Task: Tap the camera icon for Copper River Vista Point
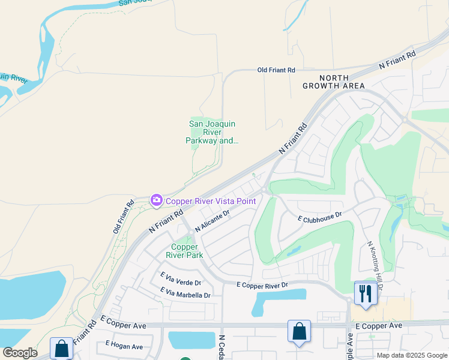pos(157,200)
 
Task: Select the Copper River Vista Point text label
pos(211,201)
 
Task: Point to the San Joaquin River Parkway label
pos(212,133)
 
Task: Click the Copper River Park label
pos(185,251)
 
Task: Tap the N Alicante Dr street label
pos(212,221)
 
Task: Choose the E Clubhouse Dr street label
pos(320,217)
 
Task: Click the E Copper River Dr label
pos(262,284)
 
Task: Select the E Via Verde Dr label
pos(180,278)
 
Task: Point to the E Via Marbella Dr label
pos(185,293)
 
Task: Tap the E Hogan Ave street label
pos(124,346)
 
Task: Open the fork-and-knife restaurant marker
pos(365,293)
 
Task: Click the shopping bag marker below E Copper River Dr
pos(299,331)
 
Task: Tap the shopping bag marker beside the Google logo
pos(62,349)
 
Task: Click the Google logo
pos(20,353)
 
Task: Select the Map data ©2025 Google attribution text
pos(412,355)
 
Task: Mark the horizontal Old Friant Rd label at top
pos(276,70)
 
